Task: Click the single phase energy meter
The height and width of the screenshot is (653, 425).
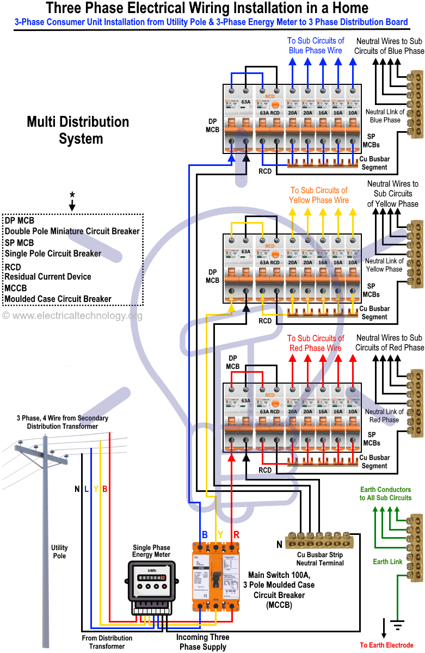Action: pyautogui.click(x=151, y=588)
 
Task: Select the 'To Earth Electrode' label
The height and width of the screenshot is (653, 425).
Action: pyautogui.click(x=386, y=645)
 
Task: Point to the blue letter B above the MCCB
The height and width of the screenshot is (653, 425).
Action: pyautogui.click(x=205, y=534)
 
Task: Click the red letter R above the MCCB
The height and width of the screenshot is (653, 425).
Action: pyautogui.click(x=236, y=534)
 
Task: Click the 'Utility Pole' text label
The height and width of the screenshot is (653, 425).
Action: pyautogui.click(x=59, y=552)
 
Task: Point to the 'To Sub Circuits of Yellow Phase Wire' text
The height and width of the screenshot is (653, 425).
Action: pyautogui.click(x=318, y=195)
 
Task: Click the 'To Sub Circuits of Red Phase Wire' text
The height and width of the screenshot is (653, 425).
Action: pyautogui.click(x=315, y=343)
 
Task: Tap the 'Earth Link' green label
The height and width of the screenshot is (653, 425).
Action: pyautogui.click(x=387, y=562)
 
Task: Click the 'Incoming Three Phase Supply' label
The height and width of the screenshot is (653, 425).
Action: pyautogui.click(x=202, y=642)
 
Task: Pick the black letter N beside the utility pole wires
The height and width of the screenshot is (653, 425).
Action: pyautogui.click(x=77, y=489)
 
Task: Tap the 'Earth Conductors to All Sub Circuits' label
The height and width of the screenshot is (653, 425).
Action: pyautogui.click(x=385, y=494)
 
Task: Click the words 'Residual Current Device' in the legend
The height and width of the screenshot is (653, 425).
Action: pyautogui.click(x=48, y=276)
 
